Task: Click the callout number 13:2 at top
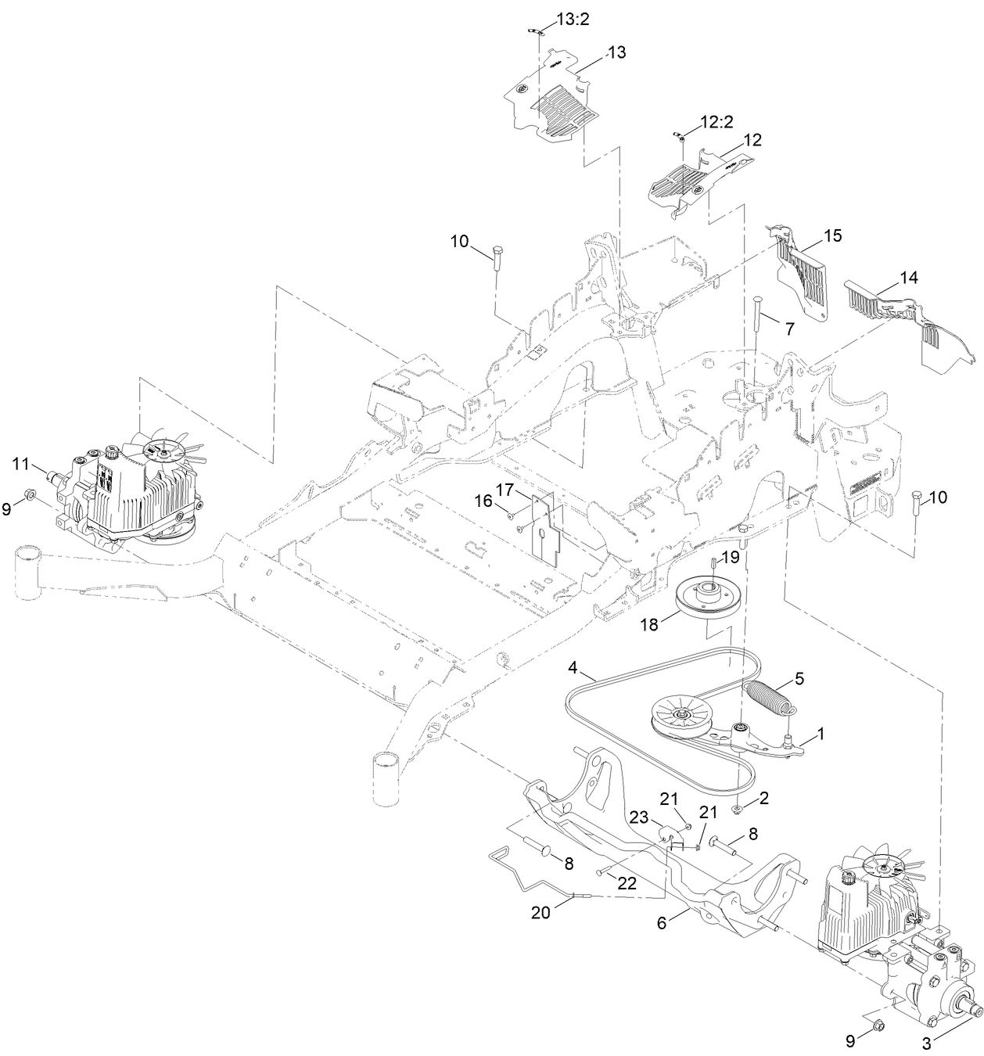(573, 20)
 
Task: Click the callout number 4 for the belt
(573, 667)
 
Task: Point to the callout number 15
(832, 235)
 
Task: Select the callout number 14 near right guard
(908, 277)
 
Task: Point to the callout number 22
(627, 882)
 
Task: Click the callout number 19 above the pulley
(729, 557)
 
